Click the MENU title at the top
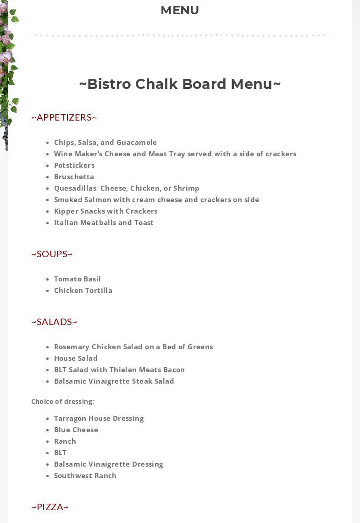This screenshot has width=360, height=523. coord(180,10)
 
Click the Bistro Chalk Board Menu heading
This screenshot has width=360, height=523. coord(180,84)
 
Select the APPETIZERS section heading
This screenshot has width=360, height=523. coord(64,117)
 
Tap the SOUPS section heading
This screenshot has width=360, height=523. coord(52,254)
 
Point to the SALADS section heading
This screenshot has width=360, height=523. coord(54,322)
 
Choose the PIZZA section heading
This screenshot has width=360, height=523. coord(50,507)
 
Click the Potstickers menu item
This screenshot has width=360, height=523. coord(74,165)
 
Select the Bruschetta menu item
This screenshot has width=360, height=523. coord(74,177)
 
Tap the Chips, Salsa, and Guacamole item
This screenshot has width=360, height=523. coord(105,143)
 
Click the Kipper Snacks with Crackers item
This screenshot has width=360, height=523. coord(105,211)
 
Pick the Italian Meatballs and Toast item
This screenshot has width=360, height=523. coord(104,223)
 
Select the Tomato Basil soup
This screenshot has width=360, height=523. coord(78,279)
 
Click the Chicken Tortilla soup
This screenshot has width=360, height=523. coord(83,291)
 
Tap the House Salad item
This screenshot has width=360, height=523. coord(76,358)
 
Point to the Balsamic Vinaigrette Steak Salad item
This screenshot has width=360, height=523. coord(114,381)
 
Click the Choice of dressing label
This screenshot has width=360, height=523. coord(62,402)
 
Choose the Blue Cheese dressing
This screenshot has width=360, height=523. coord(76,430)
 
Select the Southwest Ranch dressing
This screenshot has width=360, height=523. coord(85,476)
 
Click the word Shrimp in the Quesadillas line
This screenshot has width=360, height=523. coord(186,188)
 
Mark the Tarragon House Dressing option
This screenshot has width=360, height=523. coord(99,418)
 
